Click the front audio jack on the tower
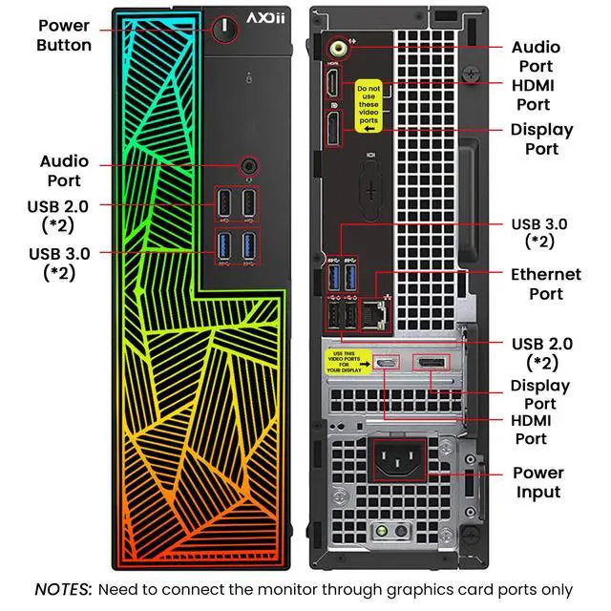click(x=250, y=164)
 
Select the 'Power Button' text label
click(x=65, y=35)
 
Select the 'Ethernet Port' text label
click(x=545, y=284)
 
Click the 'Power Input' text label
click(x=537, y=482)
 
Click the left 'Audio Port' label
click(x=63, y=171)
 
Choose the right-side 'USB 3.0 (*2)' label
click(x=540, y=233)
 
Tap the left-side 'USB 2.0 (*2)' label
click(x=64, y=215)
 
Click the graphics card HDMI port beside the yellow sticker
click(x=387, y=363)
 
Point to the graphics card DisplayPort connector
click(x=428, y=363)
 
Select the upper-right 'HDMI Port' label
click(x=533, y=95)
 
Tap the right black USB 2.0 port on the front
click(x=249, y=202)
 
